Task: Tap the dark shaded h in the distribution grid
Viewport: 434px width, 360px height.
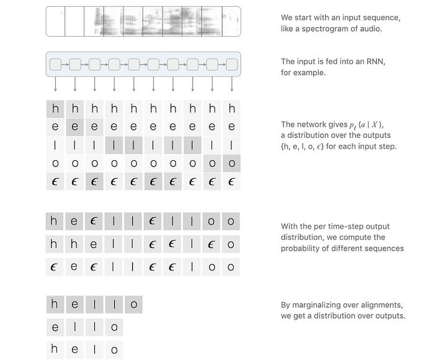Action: tap(55, 109)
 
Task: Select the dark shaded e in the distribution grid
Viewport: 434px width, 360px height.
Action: tap(75, 127)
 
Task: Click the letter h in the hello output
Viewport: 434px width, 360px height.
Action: tap(55, 304)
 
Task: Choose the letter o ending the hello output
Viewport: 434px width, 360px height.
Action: tap(134, 304)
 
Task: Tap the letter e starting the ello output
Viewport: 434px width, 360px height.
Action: tap(55, 326)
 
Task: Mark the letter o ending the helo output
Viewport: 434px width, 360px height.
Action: tap(114, 349)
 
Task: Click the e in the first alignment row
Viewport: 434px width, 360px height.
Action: tap(75, 221)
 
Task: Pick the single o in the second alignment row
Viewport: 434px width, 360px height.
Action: tap(232, 244)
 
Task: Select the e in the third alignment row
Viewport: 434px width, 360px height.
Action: tap(75, 267)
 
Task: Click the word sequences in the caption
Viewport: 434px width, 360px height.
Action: tap(384, 248)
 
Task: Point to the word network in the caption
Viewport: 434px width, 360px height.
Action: tap(312, 124)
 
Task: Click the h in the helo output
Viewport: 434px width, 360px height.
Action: tap(55, 349)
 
